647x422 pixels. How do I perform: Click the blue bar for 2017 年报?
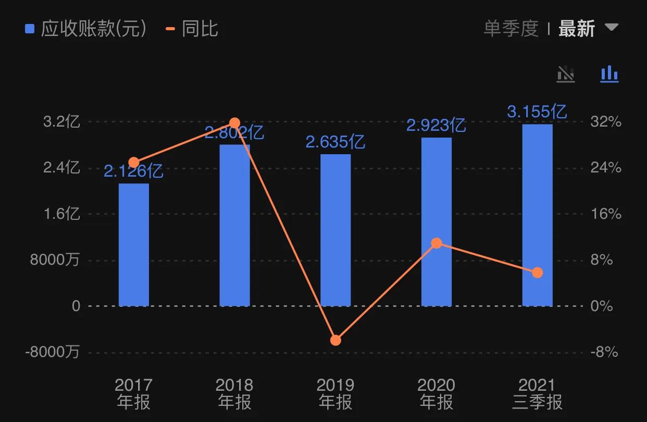tap(134, 245)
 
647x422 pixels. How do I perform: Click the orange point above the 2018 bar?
tap(234, 123)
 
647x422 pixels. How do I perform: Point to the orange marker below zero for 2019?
tap(335, 340)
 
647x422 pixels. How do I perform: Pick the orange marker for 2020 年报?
tap(437, 243)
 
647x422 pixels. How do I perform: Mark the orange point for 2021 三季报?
tap(537, 272)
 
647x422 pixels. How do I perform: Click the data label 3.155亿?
tap(537, 111)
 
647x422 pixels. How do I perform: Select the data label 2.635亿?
tap(335, 142)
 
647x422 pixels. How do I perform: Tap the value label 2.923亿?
tap(436, 125)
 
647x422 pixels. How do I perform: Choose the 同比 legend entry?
tap(192, 29)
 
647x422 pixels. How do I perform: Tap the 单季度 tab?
tap(511, 29)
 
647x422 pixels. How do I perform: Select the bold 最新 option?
tap(576, 29)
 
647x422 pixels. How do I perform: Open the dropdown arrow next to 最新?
tap(611, 27)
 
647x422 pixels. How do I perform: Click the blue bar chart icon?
tap(609, 74)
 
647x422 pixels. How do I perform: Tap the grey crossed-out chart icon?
tap(566, 74)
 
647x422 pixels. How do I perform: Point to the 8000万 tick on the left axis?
tap(55, 260)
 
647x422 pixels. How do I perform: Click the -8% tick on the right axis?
tap(604, 352)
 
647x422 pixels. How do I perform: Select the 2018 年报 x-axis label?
tap(234, 393)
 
